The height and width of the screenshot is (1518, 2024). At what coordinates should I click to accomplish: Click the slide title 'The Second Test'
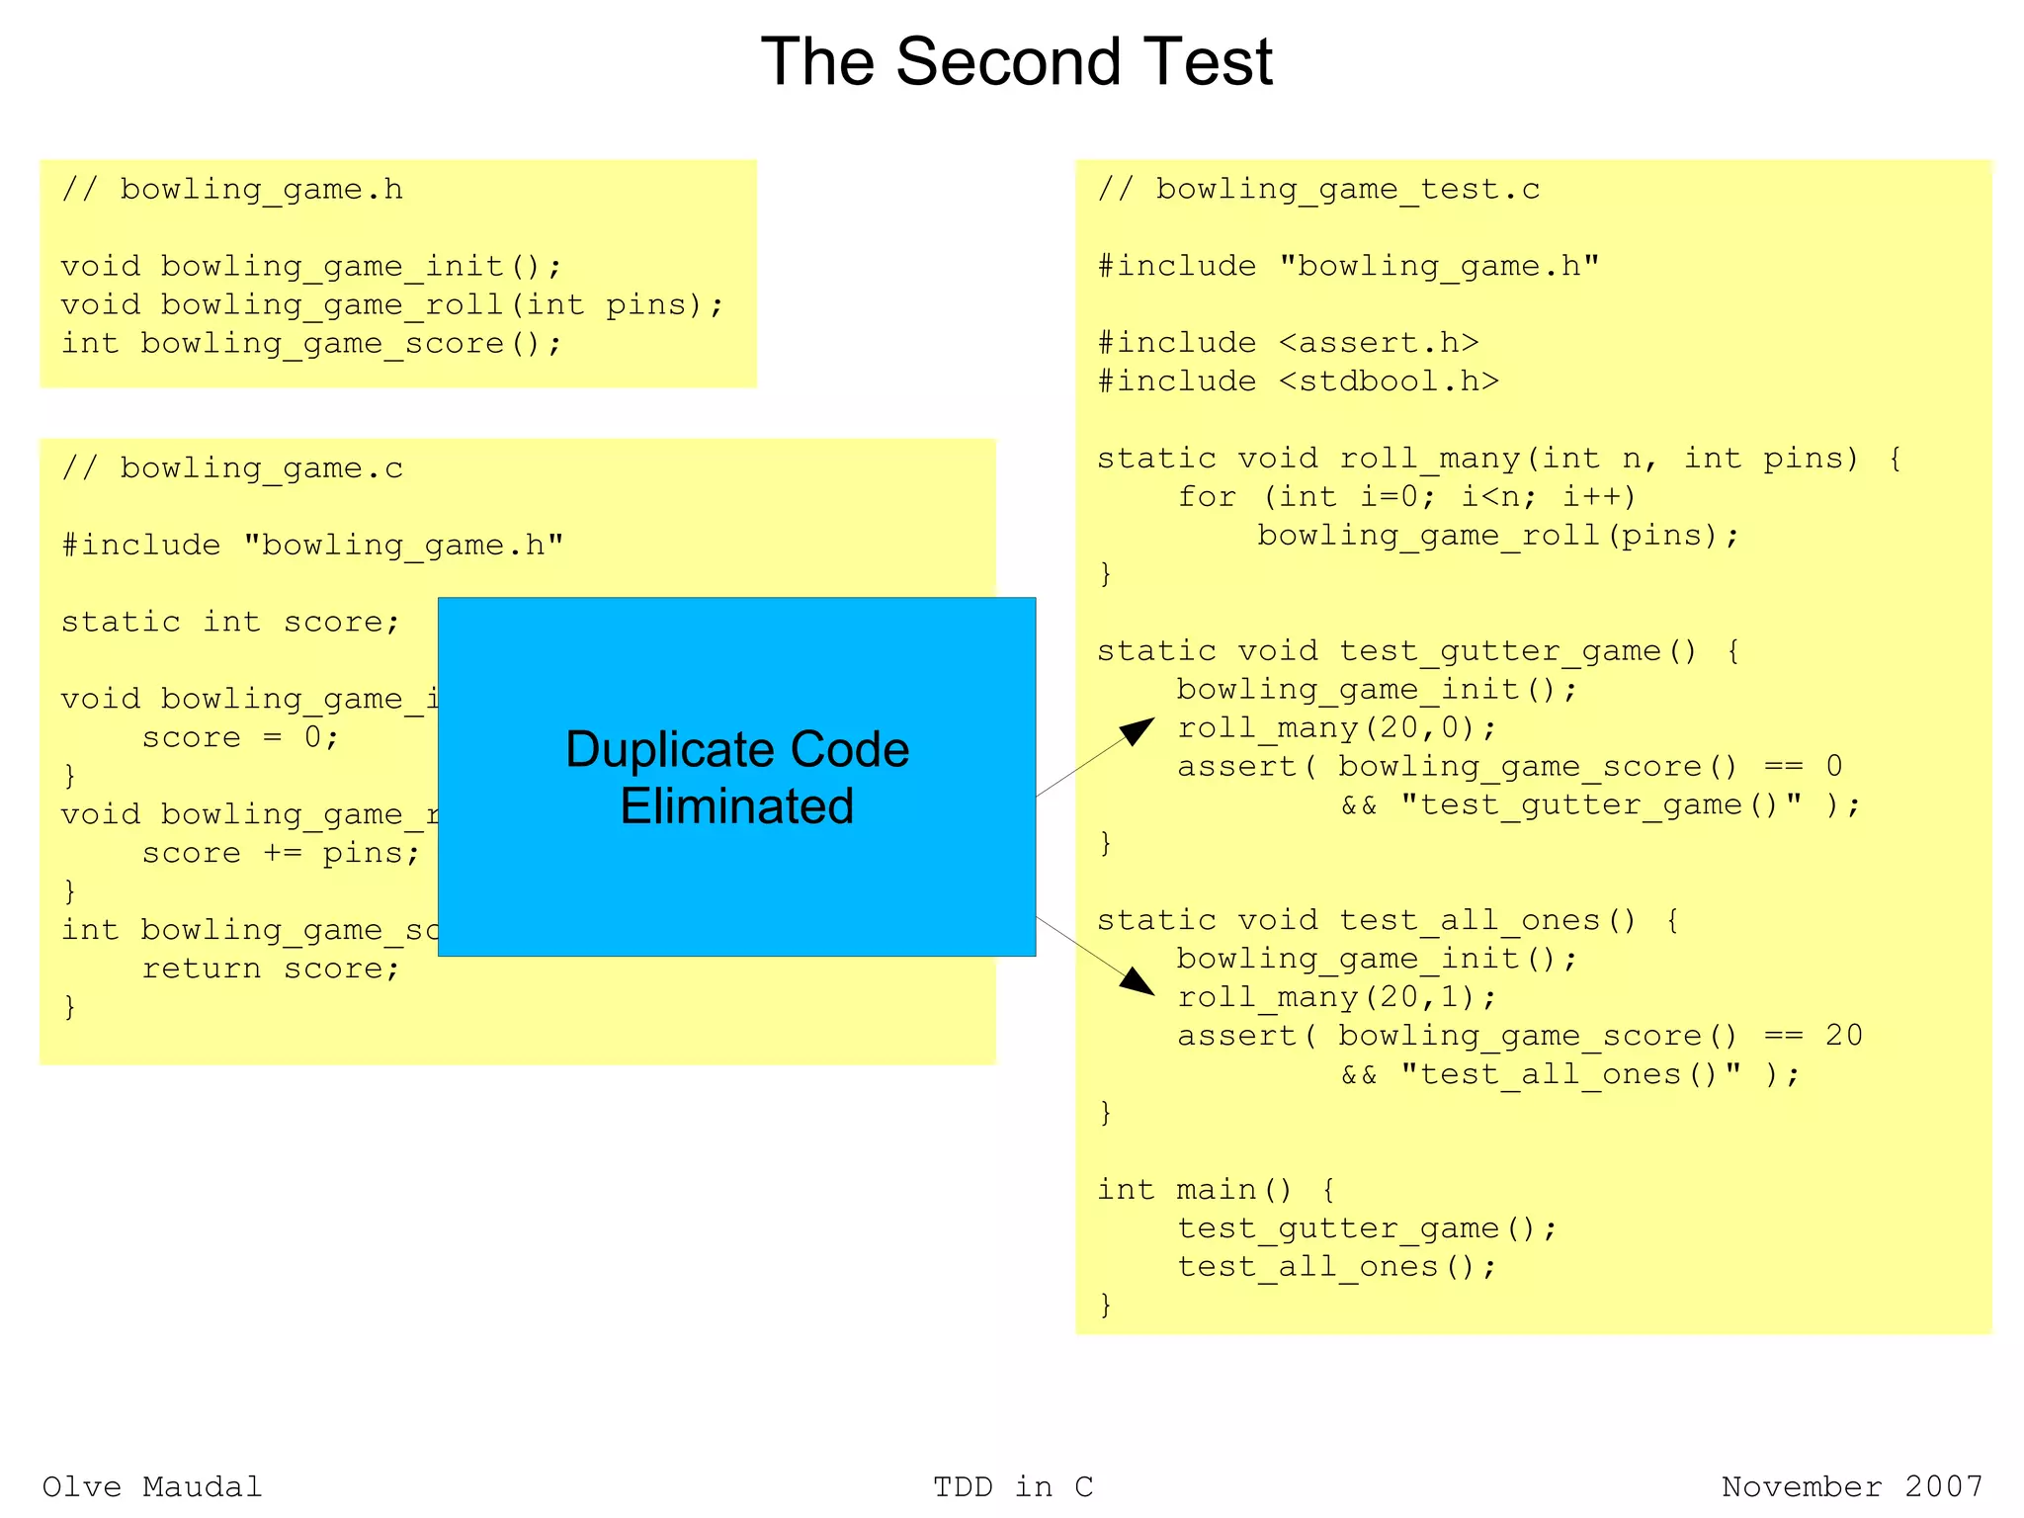point(1016,62)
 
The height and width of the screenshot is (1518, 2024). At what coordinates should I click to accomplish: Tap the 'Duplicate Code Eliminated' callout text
point(737,777)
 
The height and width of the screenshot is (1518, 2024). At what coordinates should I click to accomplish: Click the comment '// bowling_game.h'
point(232,190)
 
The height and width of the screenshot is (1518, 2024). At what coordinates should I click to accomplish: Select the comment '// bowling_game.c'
point(232,468)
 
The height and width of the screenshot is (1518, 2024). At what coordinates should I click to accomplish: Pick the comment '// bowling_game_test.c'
point(1318,190)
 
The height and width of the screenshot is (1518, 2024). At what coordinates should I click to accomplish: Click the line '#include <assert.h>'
point(1288,343)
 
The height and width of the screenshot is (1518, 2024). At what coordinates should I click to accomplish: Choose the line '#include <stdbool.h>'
point(1298,381)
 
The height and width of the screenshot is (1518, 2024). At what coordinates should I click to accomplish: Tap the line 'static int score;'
point(230,622)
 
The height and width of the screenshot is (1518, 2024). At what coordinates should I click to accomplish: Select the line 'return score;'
point(271,969)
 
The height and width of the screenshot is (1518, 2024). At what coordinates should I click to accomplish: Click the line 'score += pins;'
point(281,853)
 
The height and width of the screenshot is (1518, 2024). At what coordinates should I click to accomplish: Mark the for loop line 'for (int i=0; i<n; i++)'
point(1406,496)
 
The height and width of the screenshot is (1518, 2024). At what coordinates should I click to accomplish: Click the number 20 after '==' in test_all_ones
point(1843,1036)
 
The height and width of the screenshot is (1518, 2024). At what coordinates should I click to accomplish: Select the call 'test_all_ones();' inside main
point(1336,1267)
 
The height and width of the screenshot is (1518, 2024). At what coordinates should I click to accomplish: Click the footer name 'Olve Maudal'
point(152,1486)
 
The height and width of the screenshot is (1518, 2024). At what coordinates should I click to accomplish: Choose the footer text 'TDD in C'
point(1013,1486)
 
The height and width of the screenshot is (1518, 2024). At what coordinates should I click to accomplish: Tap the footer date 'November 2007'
point(1851,1486)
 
